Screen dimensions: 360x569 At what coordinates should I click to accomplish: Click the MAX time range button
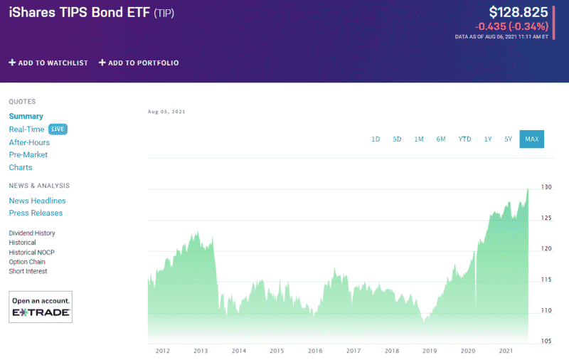pos(531,139)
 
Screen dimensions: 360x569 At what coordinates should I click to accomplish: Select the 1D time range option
pos(376,139)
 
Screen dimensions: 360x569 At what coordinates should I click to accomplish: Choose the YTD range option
pos(464,139)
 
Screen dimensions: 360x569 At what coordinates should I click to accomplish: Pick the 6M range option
pos(441,139)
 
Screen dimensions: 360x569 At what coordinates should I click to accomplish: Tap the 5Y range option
pos(508,139)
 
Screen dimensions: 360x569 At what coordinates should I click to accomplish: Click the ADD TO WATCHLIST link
pos(48,63)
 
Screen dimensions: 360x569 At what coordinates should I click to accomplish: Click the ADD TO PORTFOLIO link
pos(139,63)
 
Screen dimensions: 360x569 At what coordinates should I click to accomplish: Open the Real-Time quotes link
pos(26,129)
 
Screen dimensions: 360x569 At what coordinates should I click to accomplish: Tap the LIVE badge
pos(58,129)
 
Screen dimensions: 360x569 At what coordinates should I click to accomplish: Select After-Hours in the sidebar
pos(29,142)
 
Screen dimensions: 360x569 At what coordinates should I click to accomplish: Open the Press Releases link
pos(36,213)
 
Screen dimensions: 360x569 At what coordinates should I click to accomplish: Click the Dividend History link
pos(32,233)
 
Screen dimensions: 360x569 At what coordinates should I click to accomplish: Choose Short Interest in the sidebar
pos(28,271)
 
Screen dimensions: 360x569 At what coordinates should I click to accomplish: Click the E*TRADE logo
pos(41,312)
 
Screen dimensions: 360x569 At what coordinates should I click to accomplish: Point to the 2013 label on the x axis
pos(201,351)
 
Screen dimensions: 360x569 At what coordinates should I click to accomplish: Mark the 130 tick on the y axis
pos(546,187)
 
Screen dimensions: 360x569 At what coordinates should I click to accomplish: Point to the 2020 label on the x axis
pos(468,351)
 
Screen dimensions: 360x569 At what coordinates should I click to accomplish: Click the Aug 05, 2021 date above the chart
pos(166,112)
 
